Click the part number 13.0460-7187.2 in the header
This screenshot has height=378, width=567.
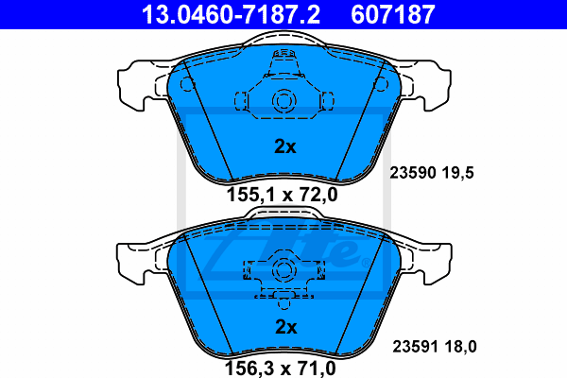[x=231, y=14]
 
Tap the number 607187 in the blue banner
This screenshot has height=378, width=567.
[x=393, y=14]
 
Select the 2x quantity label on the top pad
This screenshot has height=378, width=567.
[x=285, y=146]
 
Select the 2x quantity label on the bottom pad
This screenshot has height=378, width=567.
[x=285, y=327]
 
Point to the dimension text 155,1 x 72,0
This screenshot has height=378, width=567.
[x=282, y=195]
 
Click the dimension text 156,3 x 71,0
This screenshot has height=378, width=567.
[x=281, y=369]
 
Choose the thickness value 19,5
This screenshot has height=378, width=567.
[x=457, y=173]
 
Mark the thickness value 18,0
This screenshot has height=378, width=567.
[x=461, y=347]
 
